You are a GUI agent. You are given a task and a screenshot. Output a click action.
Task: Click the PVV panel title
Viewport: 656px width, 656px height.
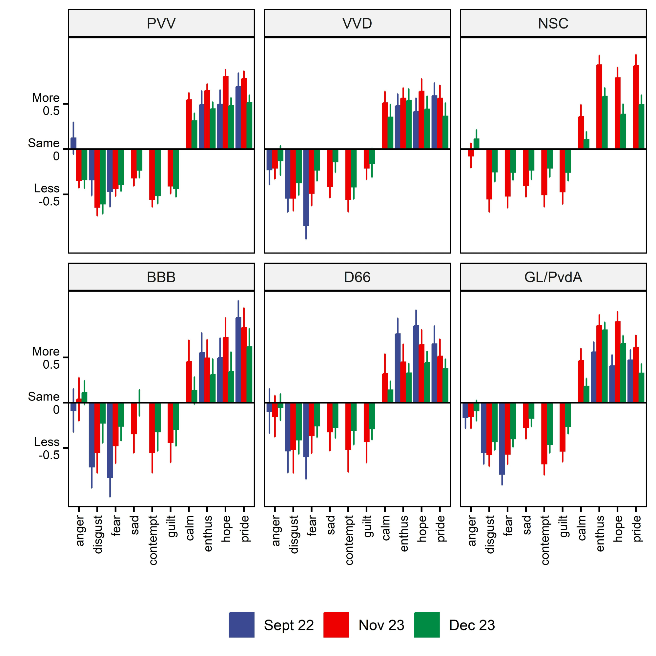click(x=161, y=23)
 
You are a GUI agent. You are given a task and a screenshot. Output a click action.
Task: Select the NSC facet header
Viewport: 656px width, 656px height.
click(x=553, y=23)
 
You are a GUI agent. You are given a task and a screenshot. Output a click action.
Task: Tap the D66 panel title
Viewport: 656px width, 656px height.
click(x=357, y=277)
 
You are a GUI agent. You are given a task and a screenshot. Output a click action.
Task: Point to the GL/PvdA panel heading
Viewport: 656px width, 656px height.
click(x=553, y=277)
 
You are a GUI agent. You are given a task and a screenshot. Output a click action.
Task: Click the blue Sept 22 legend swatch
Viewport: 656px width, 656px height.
click(x=241, y=625)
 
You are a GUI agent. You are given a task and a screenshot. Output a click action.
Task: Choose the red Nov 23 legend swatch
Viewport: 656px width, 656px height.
click(x=336, y=625)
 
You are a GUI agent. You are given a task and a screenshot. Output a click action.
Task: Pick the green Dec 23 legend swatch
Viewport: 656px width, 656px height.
click(x=426, y=625)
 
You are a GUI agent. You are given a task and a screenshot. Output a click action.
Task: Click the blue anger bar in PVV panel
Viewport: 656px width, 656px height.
click(x=73, y=143)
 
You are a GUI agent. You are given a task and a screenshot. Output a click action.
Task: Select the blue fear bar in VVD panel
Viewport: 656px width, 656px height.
click(x=306, y=187)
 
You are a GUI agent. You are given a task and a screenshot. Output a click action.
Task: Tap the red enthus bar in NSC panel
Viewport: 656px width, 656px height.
click(x=599, y=106)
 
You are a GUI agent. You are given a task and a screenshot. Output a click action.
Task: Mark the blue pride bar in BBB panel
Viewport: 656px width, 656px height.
click(x=238, y=359)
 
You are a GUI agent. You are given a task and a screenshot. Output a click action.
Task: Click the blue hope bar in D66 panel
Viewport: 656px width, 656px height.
click(x=416, y=364)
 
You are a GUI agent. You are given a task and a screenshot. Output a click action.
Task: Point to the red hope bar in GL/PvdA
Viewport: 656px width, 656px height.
click(x=617, y=361)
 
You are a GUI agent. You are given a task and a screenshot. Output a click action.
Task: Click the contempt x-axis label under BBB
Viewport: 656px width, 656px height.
click(x=153, y=540)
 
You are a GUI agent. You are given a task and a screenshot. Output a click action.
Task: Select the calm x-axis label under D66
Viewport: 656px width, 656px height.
click(x=385, y=528)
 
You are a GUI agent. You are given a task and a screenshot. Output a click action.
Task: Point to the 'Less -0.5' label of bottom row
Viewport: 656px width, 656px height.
click(x=47, y=448)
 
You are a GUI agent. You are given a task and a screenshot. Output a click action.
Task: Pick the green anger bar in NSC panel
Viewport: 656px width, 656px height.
click(x=476, y=144)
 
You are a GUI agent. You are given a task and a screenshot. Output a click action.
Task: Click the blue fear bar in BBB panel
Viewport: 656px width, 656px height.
click(x=110, y=440)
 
